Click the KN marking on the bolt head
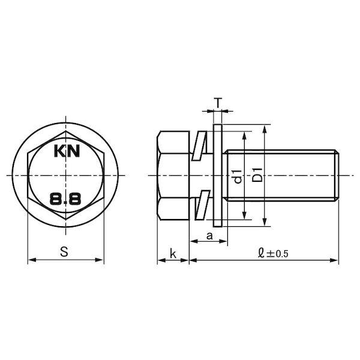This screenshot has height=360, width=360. click(x=67, y=151)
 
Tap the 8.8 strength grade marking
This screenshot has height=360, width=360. click(x=65, y=199)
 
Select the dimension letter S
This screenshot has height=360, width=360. click(x=64, y=251)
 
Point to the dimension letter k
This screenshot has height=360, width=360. click(x=173, y=253)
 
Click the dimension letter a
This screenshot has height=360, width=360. click(x=209, y=236)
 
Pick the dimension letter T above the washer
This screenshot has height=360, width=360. click(x=218, y=103)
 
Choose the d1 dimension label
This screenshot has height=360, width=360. click(x=238, y=176)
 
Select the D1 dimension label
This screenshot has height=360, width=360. click(x=257, y=175)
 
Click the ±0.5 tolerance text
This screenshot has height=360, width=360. click(x=277, y=254)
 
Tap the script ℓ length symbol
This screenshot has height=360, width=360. click(x=261, y=253)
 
